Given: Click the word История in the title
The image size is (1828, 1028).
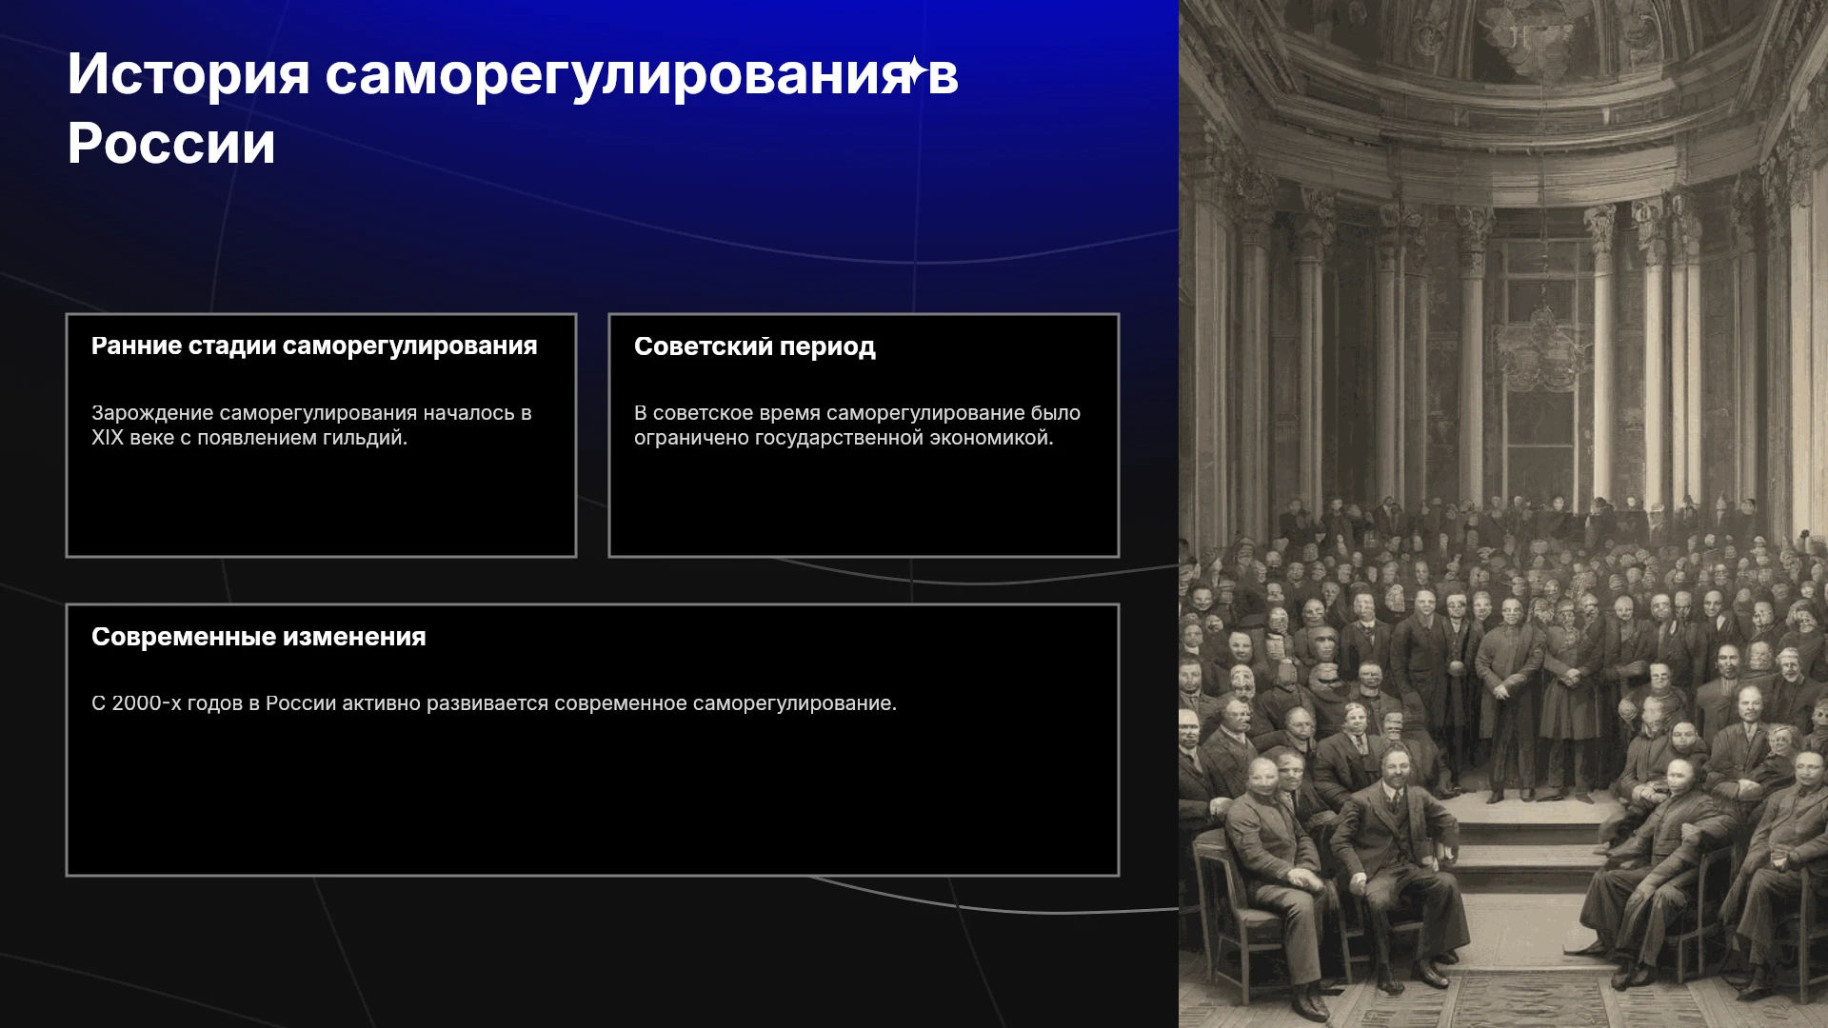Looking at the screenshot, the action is pyautogui.click(x=189, y=74).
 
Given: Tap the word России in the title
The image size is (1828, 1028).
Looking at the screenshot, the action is pyautogui.click(x=171, y=144).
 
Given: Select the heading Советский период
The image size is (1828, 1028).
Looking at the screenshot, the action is pyautogui.click(x=755, y=346).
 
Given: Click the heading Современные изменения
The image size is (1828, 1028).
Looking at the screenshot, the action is pyautogui.click(x=259, y=637).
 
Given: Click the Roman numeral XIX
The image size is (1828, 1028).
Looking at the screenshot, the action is pyautogui.click(x=108, y=438).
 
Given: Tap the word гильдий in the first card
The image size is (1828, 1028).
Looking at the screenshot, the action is pyautogui.click(x=368, y=439).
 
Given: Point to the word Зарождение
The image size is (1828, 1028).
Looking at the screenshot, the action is pyautogui.click(x=152, y=413).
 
